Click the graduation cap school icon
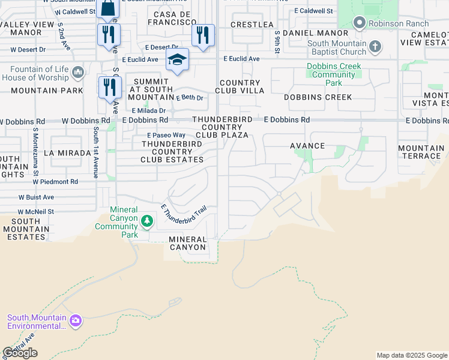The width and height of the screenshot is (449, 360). tap(177, 59)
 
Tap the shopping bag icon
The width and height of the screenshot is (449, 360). tap(108, 8)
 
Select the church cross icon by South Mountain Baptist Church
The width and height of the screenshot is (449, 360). tap(375, 47)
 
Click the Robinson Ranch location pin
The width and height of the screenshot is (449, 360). tap(360, 23)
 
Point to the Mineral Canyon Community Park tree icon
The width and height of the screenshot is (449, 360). tap(146, 222)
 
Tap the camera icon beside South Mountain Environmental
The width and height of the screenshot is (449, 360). tap(75, 320)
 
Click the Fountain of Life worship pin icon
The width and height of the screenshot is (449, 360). tap(77, 73)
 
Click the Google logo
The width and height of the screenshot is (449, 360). tap(20, 353)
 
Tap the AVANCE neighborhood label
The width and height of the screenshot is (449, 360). tap(307, 146)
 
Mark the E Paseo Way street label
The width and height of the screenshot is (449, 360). tap(164, 136)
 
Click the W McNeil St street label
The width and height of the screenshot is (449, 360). tap(36, 212)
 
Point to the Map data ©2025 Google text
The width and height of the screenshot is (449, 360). tap(412, 355)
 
